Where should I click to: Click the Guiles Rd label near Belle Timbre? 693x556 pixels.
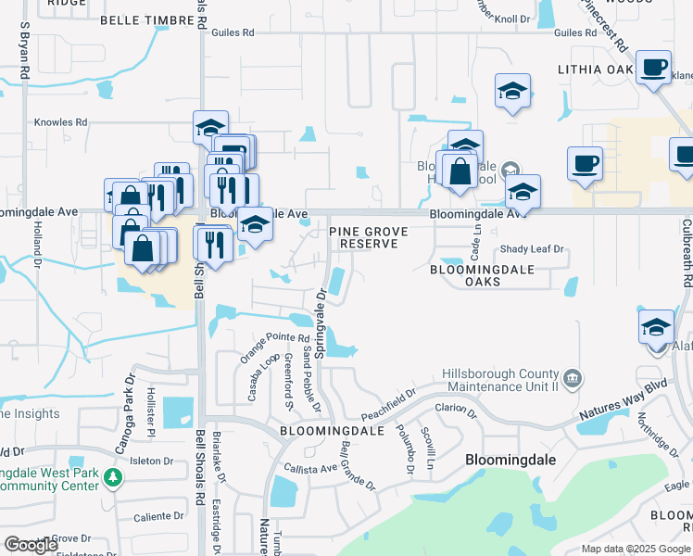[x=233, y=32]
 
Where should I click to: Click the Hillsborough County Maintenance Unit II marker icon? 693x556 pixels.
[x=573, y=378]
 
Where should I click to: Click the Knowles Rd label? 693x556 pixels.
[x=60, y=121]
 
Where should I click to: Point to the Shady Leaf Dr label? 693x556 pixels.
[x=532, y=249]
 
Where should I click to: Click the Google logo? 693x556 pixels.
[x=31, y=545]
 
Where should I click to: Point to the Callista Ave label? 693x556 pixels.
[x=311, y=468]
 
